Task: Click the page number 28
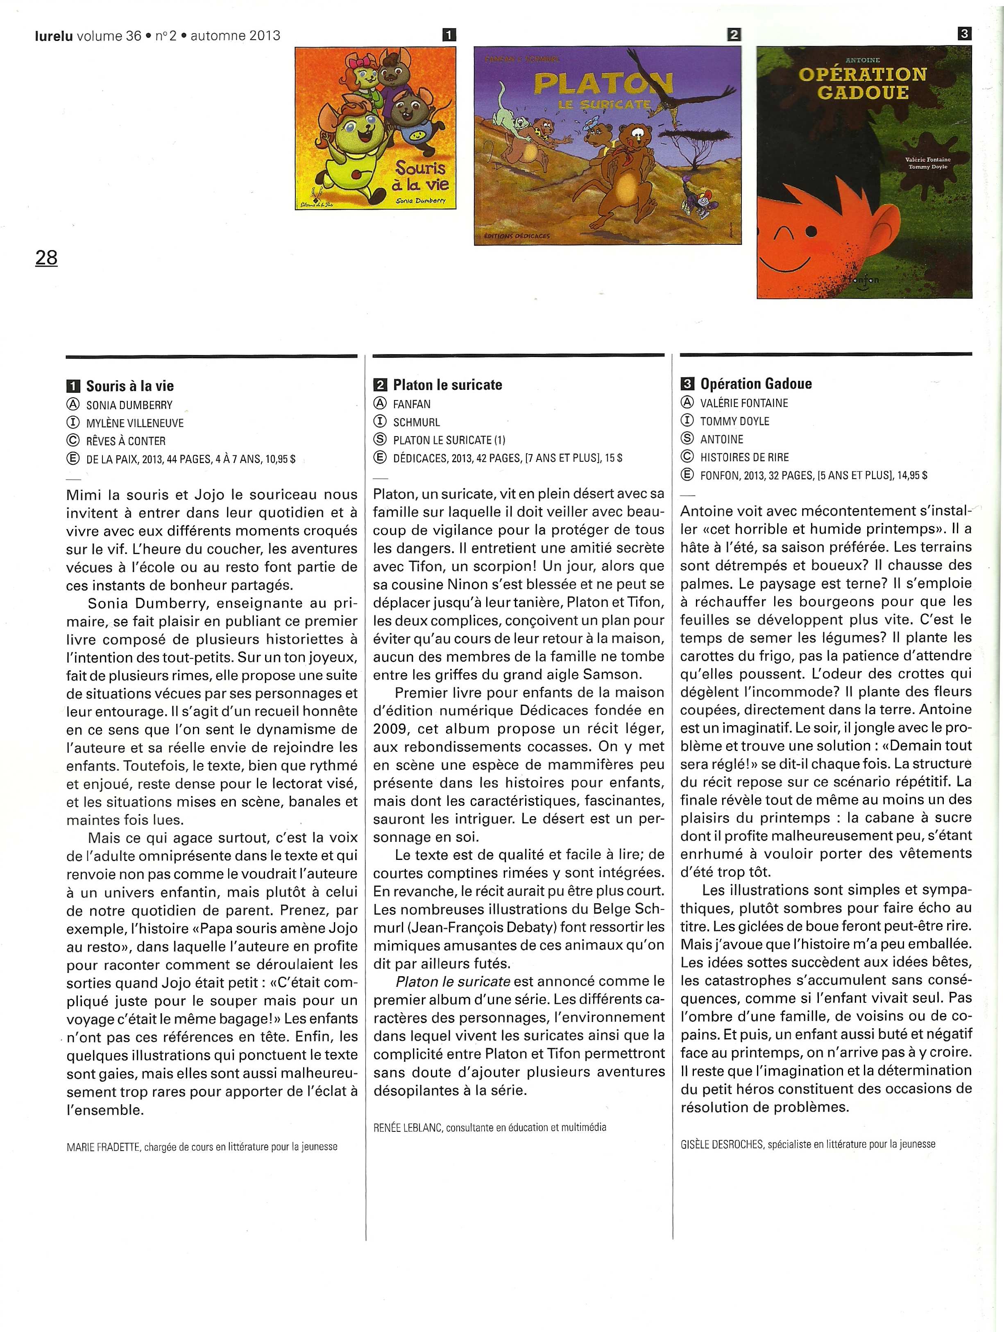tap(46, 258)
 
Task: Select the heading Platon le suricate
tap(447, 385)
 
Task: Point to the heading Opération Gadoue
tap(755, 384)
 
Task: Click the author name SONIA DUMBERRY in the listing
tap(129, 405)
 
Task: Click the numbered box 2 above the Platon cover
tap(734, 35)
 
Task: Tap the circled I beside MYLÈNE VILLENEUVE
tap(73, 423)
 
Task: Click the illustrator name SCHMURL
tap(416, 422)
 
